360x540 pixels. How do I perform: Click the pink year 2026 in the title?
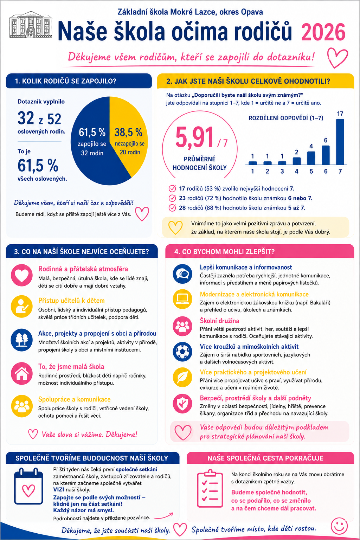[323, 32]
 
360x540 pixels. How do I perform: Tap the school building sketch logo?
[30, 25]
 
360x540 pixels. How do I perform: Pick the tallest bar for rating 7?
[340, 142]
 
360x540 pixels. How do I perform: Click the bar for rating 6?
[326, 155]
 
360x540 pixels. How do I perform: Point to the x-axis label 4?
[297, 172]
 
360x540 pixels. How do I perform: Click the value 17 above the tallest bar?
[340, 114]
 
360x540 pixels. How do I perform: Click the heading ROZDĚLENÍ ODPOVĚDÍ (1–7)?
[286, 118]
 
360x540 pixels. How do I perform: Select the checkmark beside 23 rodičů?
[172, 198]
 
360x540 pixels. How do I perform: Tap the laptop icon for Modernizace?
[182, 299]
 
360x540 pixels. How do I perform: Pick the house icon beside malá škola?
[22, 373]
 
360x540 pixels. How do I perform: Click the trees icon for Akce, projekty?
[22, 340]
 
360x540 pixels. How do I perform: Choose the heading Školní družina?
[219, 321]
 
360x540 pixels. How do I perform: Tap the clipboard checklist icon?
[210, 489]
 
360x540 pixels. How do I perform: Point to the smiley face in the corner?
[339, 526]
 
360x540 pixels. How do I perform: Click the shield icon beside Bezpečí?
[182, 404]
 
